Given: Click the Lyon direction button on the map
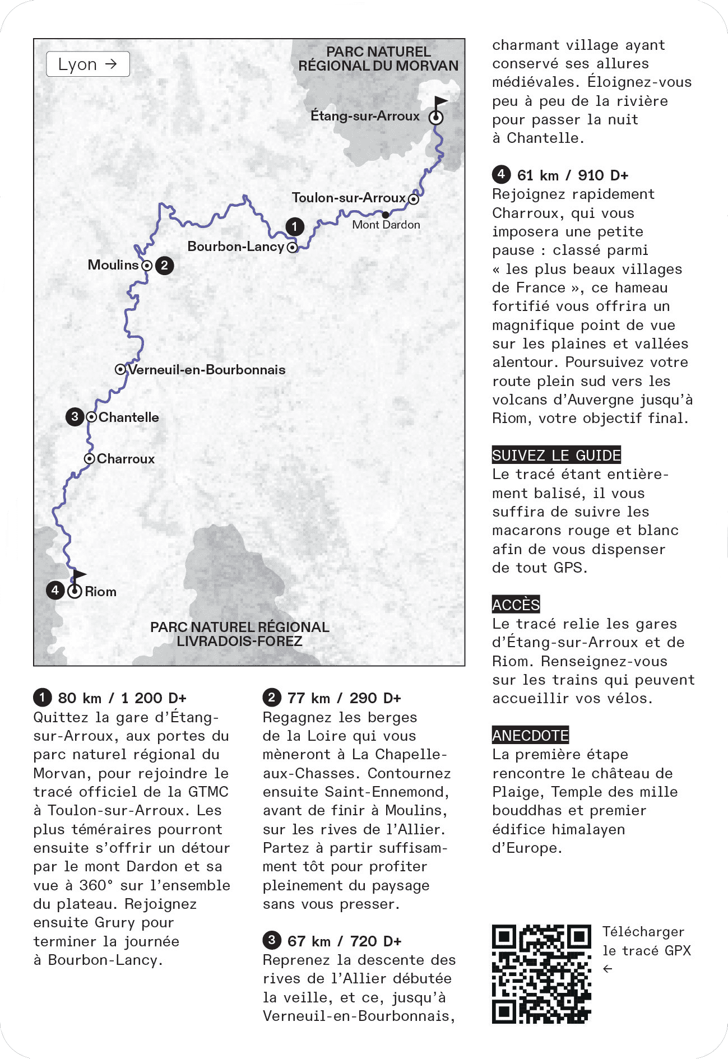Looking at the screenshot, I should [x=88, y=64].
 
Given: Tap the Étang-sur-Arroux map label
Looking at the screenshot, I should [x=365, y=116].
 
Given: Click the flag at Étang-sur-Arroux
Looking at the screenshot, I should [x=440, y=103].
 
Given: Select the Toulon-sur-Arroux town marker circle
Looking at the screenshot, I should [x=414, y=199].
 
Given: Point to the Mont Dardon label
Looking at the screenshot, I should [x=386, y=225].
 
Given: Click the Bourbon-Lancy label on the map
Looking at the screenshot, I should [x=235, y=247].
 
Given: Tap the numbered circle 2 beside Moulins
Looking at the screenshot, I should [x=164, y=265].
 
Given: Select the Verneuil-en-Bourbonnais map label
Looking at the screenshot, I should [x=207, y=370].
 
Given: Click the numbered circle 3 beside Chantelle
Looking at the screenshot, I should [x=75, y=417].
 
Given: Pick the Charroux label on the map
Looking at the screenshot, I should [x=126, y=459].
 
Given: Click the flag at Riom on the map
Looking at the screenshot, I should [x=79, y=575].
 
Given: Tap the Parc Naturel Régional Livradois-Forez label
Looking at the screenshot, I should [x=239, y=634].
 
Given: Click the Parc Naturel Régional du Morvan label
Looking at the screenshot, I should [x=378, y=59].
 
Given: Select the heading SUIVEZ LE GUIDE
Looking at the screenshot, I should [x=557, y=456].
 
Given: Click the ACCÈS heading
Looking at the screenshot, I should [x=516, y=605].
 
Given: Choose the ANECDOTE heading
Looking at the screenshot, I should [x=530, y=735].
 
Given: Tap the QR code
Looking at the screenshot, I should [x=541, y=974].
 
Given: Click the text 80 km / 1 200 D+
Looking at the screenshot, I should [x=122, y=698].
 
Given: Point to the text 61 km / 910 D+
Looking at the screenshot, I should [x=573, y=175].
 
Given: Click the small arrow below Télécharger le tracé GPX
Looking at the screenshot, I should [x=608, y=969].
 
